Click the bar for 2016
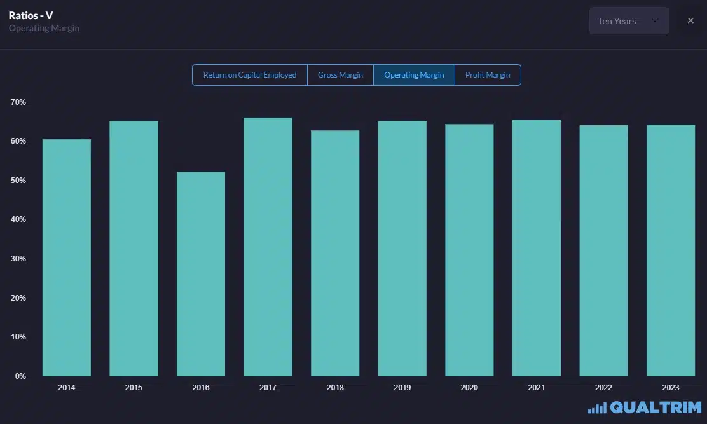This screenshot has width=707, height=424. tap(200, 274)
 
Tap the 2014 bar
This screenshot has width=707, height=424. tap(66, 257)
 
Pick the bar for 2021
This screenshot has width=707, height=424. tap(536, 248)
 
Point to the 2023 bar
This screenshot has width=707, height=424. tap(670, 250)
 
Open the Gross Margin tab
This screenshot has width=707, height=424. tap(340, 75)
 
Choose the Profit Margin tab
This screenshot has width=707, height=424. tap(488, 75)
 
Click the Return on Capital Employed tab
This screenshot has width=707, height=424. tap(250, 75)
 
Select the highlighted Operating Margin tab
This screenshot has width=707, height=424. tap(414, 75)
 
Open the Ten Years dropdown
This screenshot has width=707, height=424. tap(628, 21)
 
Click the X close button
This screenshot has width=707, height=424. tap(690, 21)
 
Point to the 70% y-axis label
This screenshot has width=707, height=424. tap(18, 102)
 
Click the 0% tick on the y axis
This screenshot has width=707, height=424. tap(20, 376)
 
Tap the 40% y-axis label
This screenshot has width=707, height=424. tap(18, 219)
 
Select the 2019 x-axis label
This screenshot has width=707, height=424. tap(402, 388)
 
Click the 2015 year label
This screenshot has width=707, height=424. tap(134, 388)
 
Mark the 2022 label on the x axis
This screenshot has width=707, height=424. tap(603, 388)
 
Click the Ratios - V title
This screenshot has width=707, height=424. tap(31, 15)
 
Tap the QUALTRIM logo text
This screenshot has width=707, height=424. tap(656, 407)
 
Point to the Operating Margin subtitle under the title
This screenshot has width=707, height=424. tap(44, 29)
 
